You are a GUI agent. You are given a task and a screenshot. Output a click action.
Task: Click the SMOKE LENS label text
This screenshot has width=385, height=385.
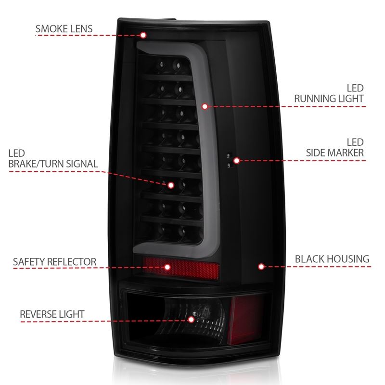point(64,28)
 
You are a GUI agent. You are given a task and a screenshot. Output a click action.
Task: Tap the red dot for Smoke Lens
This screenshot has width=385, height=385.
point(143,35)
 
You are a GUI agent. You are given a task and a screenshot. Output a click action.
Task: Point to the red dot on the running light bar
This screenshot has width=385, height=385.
point(205,106)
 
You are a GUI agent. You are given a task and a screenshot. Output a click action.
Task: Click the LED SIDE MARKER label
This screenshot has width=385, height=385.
point(335,148)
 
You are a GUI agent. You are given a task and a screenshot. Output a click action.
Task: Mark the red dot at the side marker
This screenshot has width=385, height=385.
point(236,160)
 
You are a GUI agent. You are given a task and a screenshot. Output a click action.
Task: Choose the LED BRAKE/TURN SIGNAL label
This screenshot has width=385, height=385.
point(52,159)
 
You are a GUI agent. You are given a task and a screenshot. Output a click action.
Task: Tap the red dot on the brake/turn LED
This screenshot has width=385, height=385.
point(170,184)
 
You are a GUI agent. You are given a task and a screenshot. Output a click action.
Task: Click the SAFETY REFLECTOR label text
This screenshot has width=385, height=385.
point(54,262)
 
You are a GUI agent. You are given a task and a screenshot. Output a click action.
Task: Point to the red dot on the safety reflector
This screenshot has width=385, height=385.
point(167,267)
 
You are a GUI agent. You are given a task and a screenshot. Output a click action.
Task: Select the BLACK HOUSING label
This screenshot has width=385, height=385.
point(332,259)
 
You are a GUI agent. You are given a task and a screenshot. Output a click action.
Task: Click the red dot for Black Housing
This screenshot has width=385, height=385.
point(261,266)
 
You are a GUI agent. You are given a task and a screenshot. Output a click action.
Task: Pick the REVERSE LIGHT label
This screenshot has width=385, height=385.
point(52,314)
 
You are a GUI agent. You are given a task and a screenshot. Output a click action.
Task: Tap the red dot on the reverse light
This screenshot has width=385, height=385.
point(191,319)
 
